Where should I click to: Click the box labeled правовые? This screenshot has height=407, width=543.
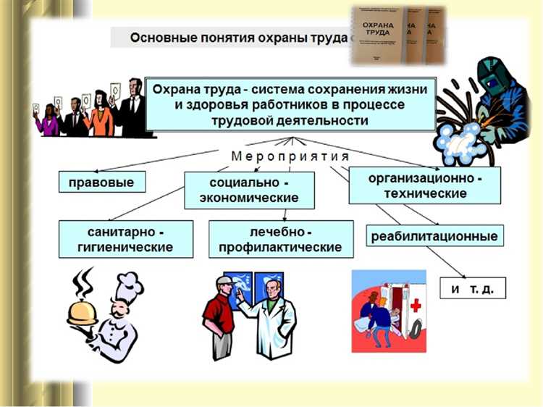click(101, 182)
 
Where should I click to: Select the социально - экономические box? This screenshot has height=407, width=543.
click(249, 190)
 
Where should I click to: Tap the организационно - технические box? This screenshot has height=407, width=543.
click(425, 185)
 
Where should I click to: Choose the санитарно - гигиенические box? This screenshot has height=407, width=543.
click(126, 239)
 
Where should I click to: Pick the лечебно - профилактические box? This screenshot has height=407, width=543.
click(280, 239)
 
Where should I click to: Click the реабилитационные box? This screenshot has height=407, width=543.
click(434, 236)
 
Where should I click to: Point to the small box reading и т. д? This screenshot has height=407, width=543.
click(472, 288)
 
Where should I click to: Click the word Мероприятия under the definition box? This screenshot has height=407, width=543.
click(290, 156)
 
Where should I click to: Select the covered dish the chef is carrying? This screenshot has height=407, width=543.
click(82, 311)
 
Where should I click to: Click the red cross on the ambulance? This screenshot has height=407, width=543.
click(416, 305)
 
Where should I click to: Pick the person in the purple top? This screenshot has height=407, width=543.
click(49, 121)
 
